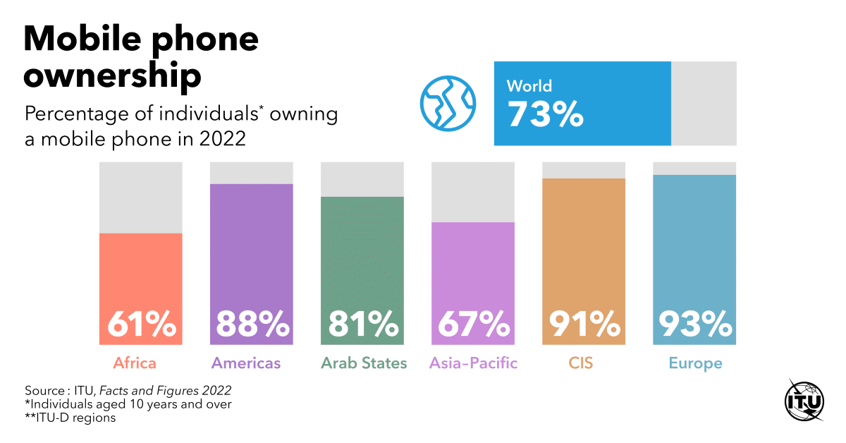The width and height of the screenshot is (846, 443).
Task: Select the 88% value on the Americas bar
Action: point(252,324)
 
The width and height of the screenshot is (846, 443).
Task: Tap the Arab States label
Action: point(364,363)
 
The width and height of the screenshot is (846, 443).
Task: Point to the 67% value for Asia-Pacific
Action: point(473,324)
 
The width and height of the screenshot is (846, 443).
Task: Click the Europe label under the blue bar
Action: point(695,363)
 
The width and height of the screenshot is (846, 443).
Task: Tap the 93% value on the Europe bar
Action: point(695,324)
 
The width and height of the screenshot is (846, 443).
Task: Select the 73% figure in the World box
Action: point(545,114)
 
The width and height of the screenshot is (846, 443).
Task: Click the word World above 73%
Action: point(529,86)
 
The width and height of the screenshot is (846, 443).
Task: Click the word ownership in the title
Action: point(113,75)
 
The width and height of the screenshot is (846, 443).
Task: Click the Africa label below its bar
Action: point(134,363)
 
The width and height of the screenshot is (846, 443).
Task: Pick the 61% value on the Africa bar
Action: point(141,324)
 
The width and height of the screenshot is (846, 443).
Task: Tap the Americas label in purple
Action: point(246,363)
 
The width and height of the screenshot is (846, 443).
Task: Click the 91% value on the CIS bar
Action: point(584,324)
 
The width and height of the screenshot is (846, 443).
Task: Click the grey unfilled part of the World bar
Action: point(704,103)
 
